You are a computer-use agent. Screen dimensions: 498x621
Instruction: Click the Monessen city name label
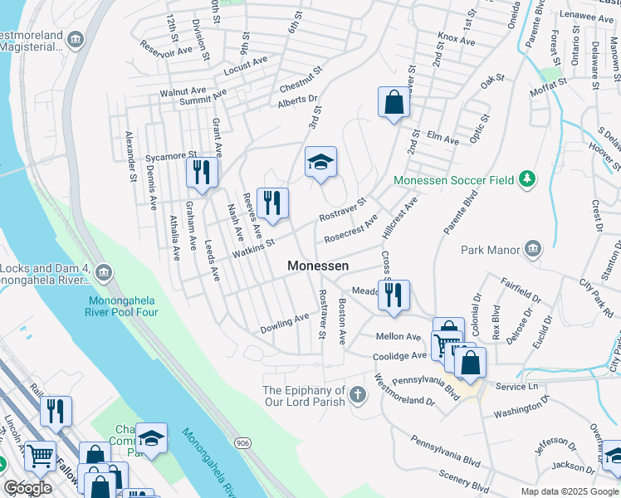pyautogui.click(x=317, y=266)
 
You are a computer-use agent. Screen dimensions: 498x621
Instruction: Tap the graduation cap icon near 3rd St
pyautogui.click(x=320, y=163)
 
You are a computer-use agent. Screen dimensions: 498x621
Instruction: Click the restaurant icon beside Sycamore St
pyautogui.click(x=202, y=173)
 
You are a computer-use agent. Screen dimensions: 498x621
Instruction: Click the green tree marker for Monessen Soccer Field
pyautogui.click(x=526, y=179)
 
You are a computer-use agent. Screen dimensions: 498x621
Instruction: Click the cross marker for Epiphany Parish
pyautogui.click(x=357, y=395)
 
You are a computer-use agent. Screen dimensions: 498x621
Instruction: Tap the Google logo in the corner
pyautogui.click(x=27, y=488)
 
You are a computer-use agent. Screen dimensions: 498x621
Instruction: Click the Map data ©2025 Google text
pyautogui.click(x=569, y=491)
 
